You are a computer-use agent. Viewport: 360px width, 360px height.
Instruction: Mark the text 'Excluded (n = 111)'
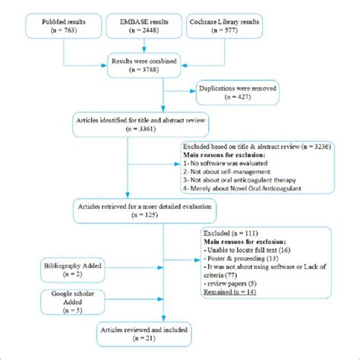coord(232,232)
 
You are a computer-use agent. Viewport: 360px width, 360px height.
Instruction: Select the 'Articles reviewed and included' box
coord(143,334)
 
